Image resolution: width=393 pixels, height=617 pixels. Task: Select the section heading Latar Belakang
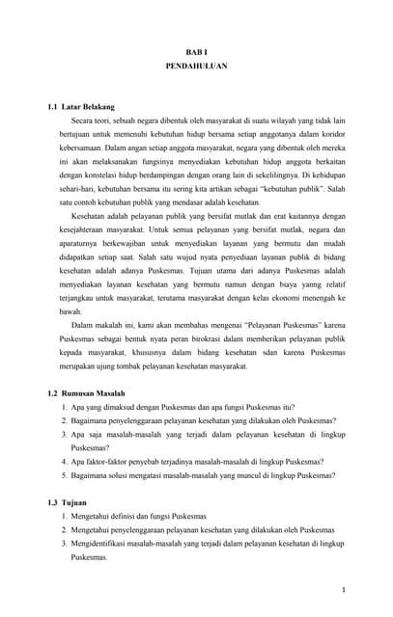[88, 106]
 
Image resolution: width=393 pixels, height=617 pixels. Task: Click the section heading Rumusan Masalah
[95, 395]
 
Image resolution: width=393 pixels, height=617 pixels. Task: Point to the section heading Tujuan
[73, 503]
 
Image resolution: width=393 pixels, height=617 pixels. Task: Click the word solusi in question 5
[121, 475]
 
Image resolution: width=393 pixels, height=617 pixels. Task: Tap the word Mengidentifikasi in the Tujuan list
[103, 544]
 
